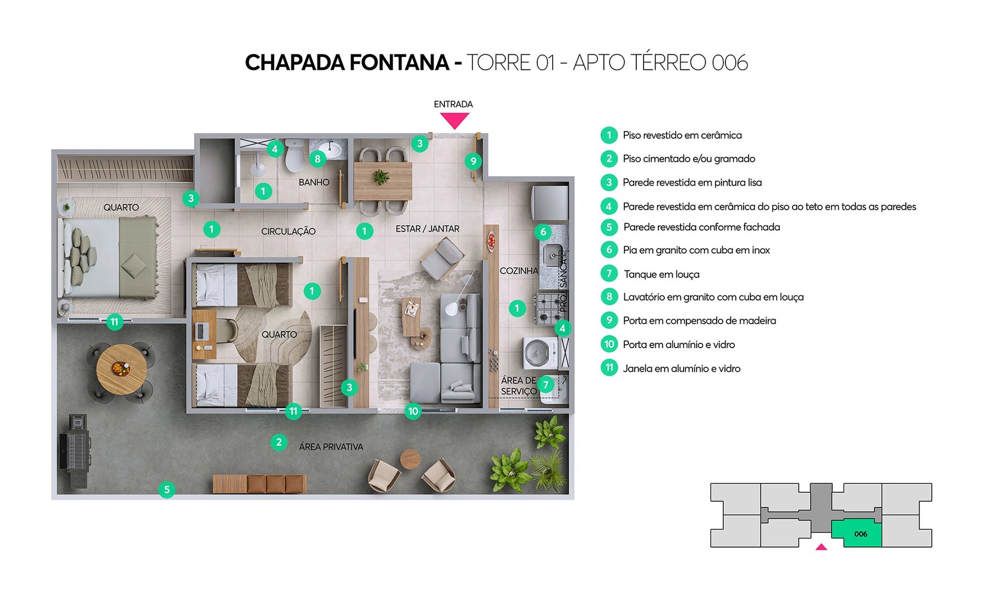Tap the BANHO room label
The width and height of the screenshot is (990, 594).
click(314, 183)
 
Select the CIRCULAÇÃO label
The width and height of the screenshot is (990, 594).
click(288, 232)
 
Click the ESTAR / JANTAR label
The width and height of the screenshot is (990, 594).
click(427, 229)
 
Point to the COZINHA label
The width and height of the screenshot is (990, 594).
click(519, 271)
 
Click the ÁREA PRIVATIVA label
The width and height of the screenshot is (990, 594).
click(331, 447)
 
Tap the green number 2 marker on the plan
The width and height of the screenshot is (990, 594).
click(279, 442)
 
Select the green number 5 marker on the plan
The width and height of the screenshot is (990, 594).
click(167, 490)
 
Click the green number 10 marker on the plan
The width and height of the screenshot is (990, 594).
click(413, 411)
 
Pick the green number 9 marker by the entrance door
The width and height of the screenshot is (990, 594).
click(473, 161)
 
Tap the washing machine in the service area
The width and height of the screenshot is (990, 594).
click(538, 353)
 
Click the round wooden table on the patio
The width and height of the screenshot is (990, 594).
click(121, 369)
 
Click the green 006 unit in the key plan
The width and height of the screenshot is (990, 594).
click(860, 533)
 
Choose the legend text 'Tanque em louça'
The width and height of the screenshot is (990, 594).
click(661, 274)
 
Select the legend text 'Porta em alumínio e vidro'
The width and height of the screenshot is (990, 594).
click(679, 345)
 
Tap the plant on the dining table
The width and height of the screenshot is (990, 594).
click(380, 177)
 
